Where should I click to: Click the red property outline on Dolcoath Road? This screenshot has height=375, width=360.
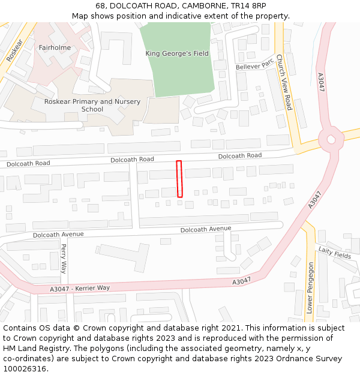pyautogui.click(x=179, y=179)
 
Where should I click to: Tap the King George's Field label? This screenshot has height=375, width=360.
pyautogui.click(x=177, y=53)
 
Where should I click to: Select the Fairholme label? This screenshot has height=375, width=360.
pyautogui.click(x=55, y=47)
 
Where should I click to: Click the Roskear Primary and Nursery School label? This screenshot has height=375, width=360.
pyautogui.click(x=92, y=106)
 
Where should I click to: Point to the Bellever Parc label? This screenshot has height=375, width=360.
pyautogui.click(x=254, y=64)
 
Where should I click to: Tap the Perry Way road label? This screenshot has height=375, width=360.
pyautogui.click(x=64, y=258)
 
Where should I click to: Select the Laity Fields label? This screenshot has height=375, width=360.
pyautogui.click(x=334, y=253)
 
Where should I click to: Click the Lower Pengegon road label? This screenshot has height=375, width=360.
pyautogui.click(x=310, y=288)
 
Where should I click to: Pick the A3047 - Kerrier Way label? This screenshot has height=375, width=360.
pyautogui.click(x=80, y=289)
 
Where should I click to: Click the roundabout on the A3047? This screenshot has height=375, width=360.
pyautogui.click(x=329, y=140)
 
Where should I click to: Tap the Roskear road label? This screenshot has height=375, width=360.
pyautogui.click(x=13, y=50)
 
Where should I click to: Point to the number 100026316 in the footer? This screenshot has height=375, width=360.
pyautogui.click(x=26, y=368)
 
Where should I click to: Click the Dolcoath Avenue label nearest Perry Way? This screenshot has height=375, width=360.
pyautogui.click(x=58, y=234)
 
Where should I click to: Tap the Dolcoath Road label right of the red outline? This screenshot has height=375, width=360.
pyautogui.click(x=240, y=156)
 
